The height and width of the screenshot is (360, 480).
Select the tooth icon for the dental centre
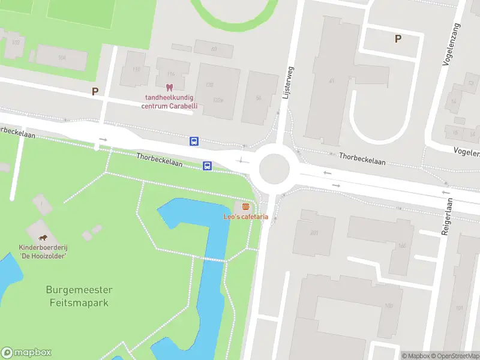(169, 88)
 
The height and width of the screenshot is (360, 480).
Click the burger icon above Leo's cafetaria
(245, 206)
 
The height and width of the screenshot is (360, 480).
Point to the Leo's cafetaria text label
(245, 217)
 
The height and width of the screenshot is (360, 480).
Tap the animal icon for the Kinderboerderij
(42, 238)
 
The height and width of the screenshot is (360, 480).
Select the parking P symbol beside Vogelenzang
(397, 39)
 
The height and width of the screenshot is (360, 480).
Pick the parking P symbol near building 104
(94, 92)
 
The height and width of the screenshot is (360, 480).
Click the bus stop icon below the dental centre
(194, 142)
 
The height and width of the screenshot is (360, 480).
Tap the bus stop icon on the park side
(207, 166)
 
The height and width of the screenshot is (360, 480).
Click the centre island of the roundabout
(274, 168)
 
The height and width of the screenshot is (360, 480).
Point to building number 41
(331, 80)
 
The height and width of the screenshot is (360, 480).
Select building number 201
(313, 233)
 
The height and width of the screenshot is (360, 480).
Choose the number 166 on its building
(401, 245)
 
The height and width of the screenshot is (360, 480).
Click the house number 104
(61, 58)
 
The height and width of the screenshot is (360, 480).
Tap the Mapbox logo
(26, 353)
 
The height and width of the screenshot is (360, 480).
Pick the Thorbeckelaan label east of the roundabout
(362, 158)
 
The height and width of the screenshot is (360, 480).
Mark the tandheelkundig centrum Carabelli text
(170, 102)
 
